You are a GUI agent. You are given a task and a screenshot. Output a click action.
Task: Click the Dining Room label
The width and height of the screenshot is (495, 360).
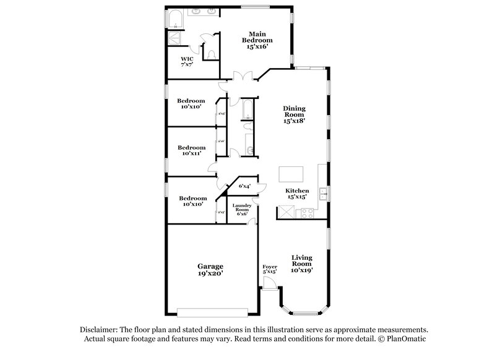pyautogui.click(x=295, y=114)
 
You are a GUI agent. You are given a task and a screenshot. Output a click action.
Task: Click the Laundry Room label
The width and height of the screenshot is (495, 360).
pyautogui.click(x=241, y=209)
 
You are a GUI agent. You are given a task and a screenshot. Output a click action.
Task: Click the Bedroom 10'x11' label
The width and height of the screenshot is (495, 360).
pyautogui.click(x=191, y=151)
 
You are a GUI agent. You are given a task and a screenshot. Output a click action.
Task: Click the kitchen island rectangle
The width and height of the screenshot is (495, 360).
pyautogui.click(x=290, y=173)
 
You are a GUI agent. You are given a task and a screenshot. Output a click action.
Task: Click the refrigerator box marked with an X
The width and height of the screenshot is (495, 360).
pyautogui.click(x=285, y=212)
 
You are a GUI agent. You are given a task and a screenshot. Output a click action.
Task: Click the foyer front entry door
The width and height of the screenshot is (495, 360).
pyautogui.click(x=269, y=283)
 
